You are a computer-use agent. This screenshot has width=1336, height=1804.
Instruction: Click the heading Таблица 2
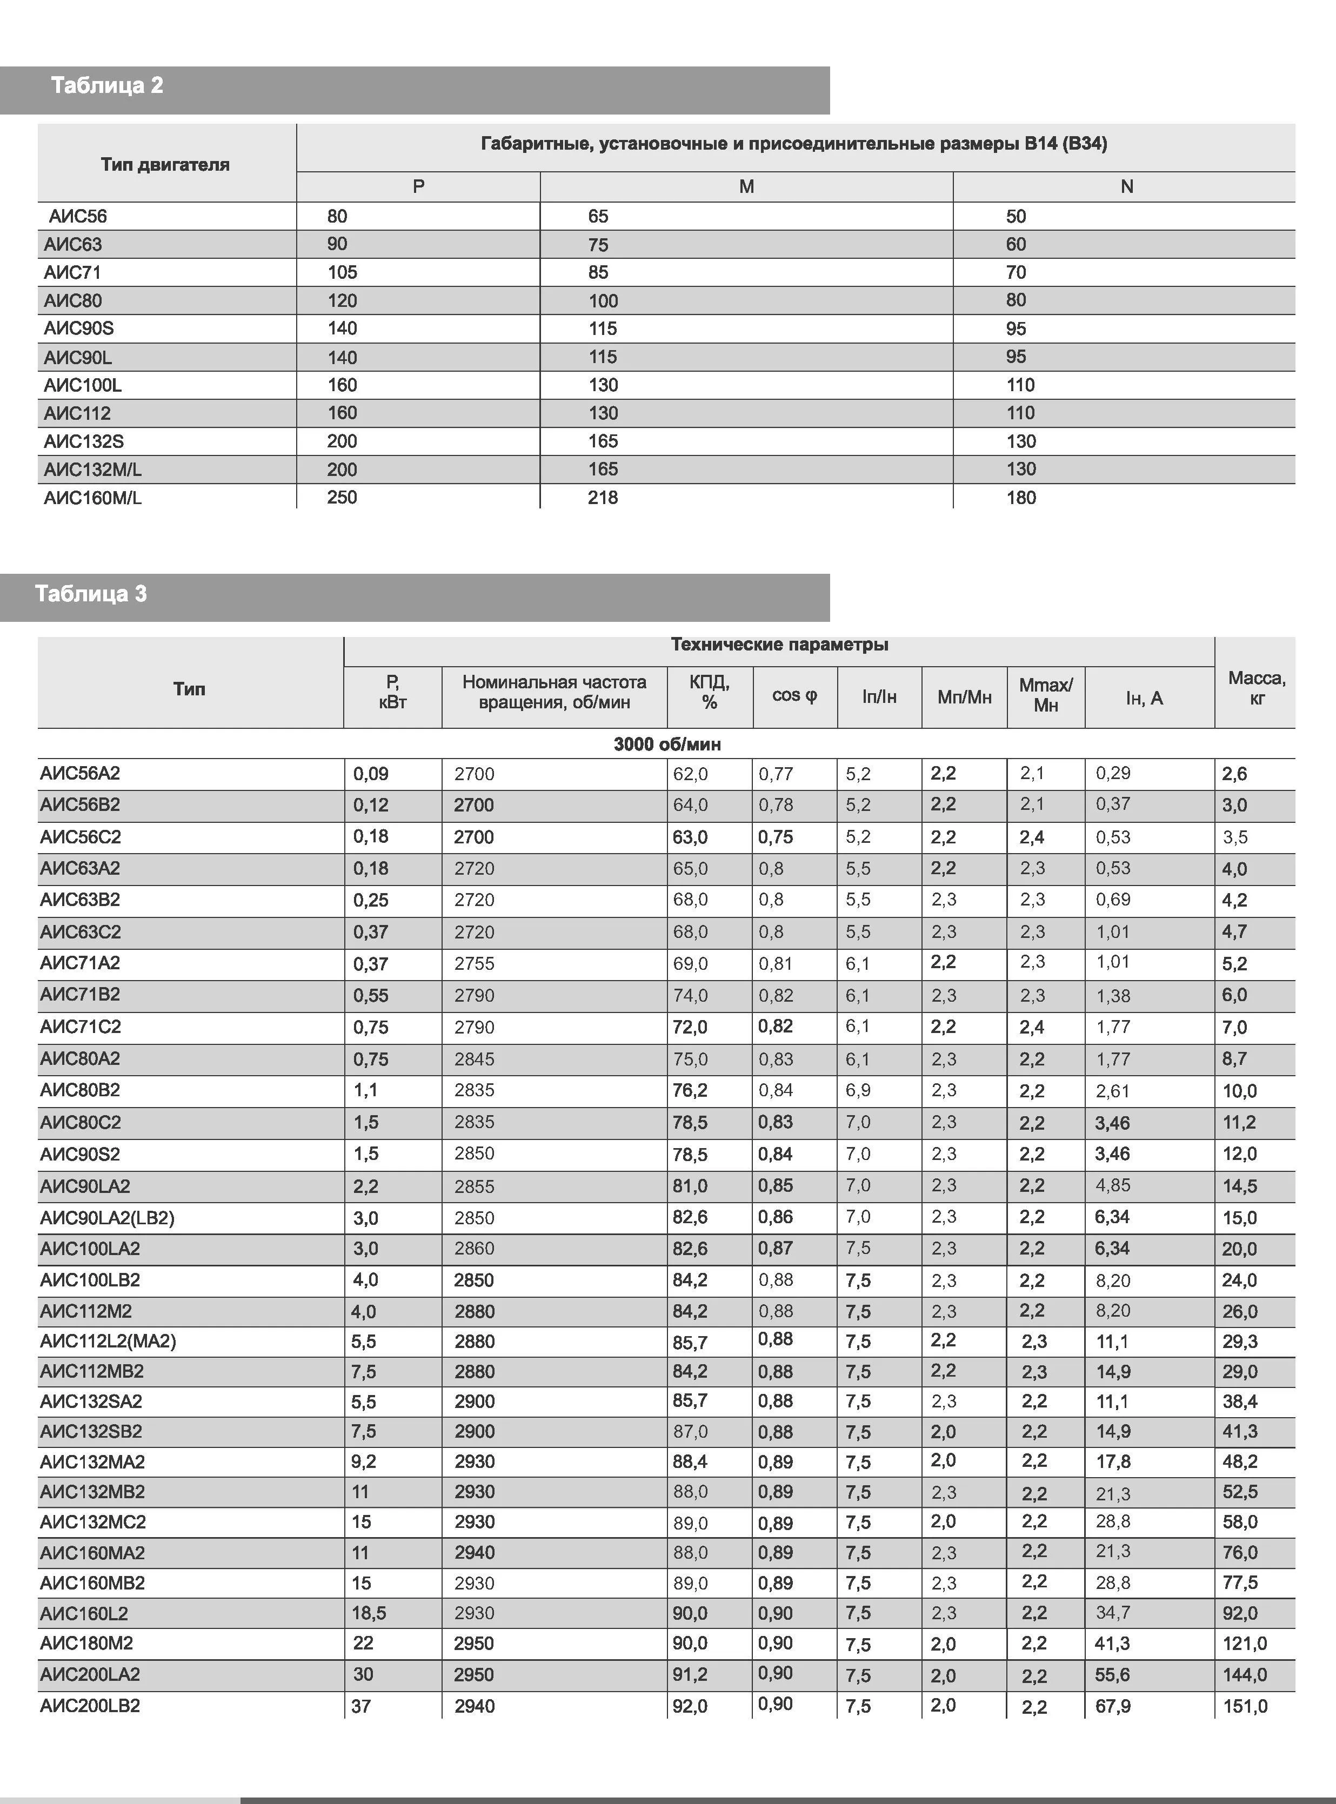coord(107,86)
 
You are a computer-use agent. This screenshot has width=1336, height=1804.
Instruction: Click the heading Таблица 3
coord(91,594)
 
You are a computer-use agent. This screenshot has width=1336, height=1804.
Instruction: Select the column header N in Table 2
coord(1126,187)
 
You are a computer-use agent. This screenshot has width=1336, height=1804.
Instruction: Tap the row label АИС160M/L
coord(92,498)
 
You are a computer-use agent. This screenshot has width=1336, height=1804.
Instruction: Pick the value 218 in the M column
coord(603,498)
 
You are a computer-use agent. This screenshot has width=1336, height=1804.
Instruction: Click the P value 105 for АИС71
coord(342,272)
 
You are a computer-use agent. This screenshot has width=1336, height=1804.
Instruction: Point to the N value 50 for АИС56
coord(1016,217)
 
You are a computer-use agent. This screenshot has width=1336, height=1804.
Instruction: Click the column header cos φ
coord(794,696)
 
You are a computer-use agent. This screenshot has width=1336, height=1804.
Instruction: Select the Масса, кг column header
coord(1256,688)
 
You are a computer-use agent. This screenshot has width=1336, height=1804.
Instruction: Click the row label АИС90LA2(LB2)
coord(107,1218)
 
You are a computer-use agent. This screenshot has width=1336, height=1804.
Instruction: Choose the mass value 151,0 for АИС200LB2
coord(1245,1706)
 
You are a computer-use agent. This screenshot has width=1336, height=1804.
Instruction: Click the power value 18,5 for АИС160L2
coord(369,1613)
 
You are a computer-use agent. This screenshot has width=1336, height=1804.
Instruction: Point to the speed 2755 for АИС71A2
coord(474,963)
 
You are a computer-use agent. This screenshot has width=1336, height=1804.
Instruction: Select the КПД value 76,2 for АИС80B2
coord(690,1090)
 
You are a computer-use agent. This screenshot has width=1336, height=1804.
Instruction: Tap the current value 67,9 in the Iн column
coord(1113,1706)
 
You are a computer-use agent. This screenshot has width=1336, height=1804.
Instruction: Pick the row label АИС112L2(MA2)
coord(108,1342)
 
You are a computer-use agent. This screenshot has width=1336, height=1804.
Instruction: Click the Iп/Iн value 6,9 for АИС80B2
coord(858,1090)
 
